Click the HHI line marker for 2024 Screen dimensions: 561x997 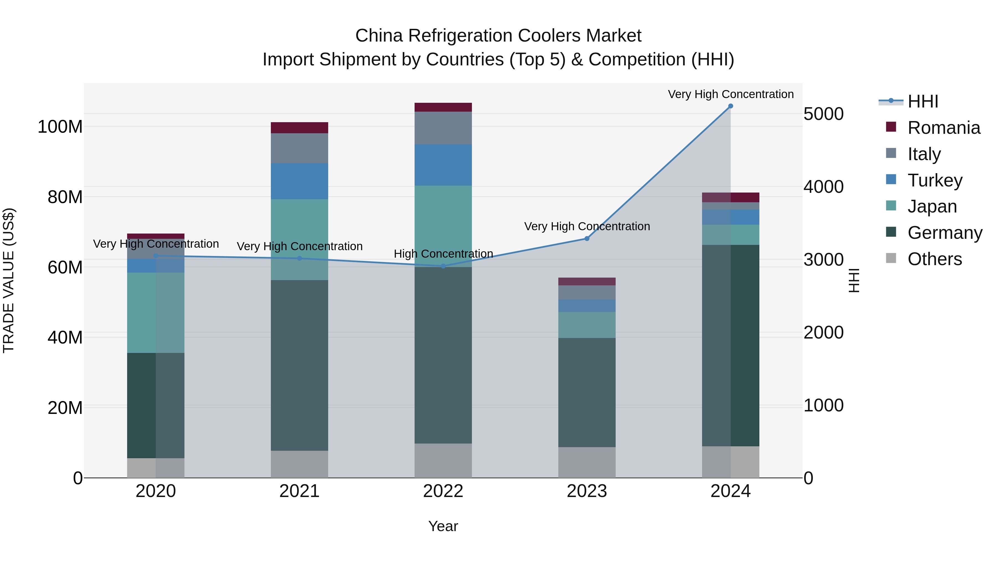(x=730, y=106)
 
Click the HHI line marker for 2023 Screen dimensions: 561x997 (x=587, y=239)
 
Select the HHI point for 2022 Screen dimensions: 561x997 (x=443, y=266)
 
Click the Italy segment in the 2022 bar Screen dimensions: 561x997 (x=443, y=128)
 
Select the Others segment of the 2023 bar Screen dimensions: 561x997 (x=587, y=462)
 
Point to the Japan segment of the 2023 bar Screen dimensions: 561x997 (x=587, y=325)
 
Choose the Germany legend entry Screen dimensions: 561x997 (x=944, y=233)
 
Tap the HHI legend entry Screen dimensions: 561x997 (x=923, y=101)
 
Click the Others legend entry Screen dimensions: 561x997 (x=934, y=259)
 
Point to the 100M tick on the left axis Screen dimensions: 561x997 (x=60, y=127)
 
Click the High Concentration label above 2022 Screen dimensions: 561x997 (x=443, y=254)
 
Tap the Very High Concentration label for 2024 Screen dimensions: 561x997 (x=730, y=94)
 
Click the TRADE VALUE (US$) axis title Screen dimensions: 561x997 (x=9, y=280)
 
